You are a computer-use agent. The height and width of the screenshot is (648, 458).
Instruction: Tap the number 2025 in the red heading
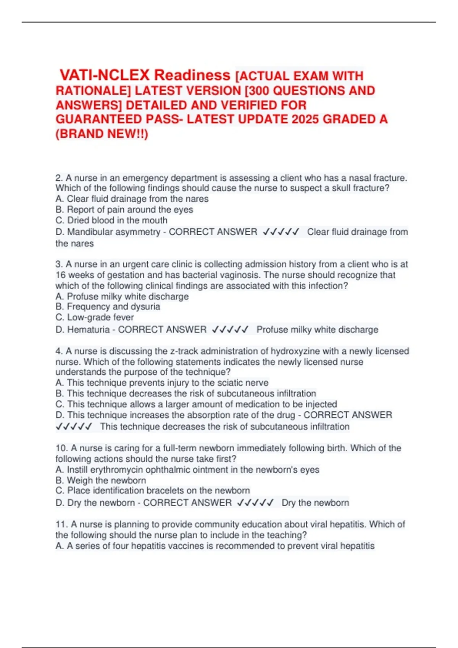306,119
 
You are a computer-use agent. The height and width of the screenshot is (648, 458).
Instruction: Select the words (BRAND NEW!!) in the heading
102,134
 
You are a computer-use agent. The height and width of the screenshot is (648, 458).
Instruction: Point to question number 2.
59,178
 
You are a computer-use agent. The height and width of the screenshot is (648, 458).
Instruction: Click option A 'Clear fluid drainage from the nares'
132,199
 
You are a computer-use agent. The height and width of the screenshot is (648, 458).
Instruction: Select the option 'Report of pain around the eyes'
124,209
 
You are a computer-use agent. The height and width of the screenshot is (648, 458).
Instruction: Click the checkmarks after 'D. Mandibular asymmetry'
281,232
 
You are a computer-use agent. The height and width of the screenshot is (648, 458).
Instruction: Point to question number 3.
59,264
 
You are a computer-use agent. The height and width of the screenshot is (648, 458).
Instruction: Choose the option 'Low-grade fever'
95,317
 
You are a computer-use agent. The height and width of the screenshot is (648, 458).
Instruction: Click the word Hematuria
88,329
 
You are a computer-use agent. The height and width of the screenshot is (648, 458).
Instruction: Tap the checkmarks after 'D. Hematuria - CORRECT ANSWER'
230,329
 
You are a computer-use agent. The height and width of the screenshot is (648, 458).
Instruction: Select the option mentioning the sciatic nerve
162,383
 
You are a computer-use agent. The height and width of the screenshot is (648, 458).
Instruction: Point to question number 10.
61,448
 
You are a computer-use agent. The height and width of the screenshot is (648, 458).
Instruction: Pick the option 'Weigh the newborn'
101,480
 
